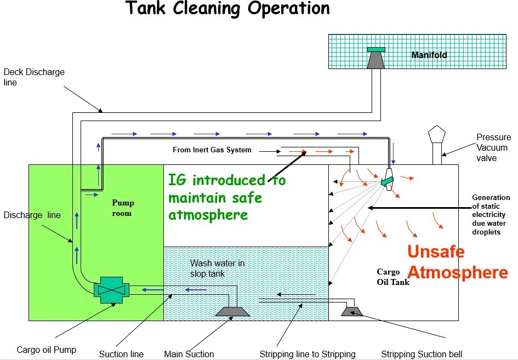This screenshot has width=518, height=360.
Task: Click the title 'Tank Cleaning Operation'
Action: coord(228,9)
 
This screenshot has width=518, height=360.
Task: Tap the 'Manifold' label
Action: coord(429,55)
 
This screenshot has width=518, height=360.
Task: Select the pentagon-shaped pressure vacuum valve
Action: coord(437,135)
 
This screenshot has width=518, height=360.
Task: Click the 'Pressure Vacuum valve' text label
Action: coord(493,147)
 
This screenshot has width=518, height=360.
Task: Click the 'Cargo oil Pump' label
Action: coord(47,350)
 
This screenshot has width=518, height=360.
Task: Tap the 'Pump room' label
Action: coord(122,208)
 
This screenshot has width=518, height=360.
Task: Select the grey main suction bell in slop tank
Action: coord(233,311)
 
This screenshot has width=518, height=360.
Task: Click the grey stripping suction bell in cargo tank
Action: coord(351,312)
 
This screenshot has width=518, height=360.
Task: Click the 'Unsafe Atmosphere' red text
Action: coord(457,262)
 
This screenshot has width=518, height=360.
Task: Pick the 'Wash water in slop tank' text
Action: coord(217,268)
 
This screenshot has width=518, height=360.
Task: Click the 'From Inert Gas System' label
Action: coord(212,150)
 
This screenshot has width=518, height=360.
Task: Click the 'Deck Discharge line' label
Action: coord(34,77)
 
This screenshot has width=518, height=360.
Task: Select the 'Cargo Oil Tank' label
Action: coord(392,277)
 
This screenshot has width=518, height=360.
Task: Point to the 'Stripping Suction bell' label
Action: coord(422,354)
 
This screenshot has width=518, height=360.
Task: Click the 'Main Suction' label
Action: coord(189,354)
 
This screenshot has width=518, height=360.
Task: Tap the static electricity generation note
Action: coord(491,215)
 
